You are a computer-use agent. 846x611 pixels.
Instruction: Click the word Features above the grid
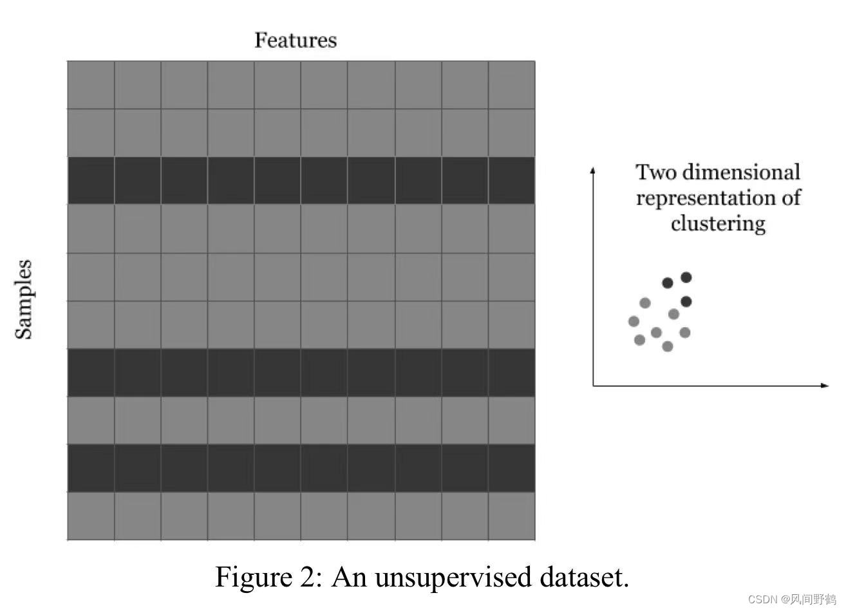click(x=295, y=40)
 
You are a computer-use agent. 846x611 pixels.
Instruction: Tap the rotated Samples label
click(x=24, y=299)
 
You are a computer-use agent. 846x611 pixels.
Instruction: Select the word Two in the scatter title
click(x=656, y=172)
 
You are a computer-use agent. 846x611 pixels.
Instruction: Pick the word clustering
click(x=718, y=223)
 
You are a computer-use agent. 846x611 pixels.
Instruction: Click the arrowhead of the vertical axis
click(x=593, y=169)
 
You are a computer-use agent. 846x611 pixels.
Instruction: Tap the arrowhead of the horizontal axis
click(x=825, y=385)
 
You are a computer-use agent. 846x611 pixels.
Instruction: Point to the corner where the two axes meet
click(x=593, y=385)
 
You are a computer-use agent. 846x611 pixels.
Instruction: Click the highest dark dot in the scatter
click(x=686, y=277)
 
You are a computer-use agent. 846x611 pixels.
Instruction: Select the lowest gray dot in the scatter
click(x=668, y=346)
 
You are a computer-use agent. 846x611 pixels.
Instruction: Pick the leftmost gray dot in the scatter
click(x=634, y=321)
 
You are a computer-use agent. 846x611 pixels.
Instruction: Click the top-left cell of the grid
click(x=91, y=85)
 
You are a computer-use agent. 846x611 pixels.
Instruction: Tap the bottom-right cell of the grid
click(x=512, y=516)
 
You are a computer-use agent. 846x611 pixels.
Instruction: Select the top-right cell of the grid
click(x=512, y=85)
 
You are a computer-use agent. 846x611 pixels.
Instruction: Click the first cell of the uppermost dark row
click(x=91, y=180)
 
